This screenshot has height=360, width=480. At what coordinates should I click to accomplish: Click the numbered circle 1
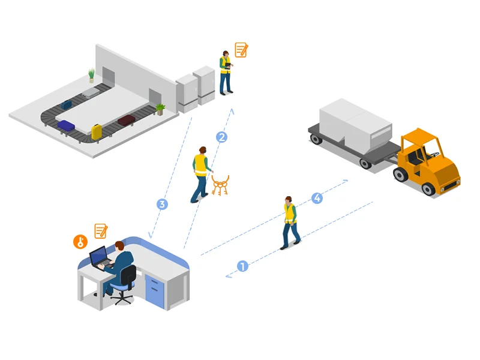(243, 266)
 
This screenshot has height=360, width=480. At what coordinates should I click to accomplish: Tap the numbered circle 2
(221, 137)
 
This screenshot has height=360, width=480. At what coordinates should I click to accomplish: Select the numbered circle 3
(162, 204)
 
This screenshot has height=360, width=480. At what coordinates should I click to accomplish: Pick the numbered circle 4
(317, 198)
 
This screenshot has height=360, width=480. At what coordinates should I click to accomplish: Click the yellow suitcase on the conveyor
(97, 131)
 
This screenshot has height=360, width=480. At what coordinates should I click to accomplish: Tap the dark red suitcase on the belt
(127, 120)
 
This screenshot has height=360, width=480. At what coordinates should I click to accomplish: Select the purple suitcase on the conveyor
(66, 125)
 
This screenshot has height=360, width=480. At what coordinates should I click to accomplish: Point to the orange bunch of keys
(220, 186)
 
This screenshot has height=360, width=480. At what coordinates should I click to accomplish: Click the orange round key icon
(80, 242)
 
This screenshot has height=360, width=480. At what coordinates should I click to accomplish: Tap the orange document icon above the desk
(101, 231)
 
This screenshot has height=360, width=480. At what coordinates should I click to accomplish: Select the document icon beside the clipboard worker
(241, 50)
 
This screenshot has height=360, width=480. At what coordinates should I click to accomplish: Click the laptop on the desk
(101, 258)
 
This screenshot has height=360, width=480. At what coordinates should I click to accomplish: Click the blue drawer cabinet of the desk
(155, 291)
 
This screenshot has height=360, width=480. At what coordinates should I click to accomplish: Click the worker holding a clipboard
(226, 73)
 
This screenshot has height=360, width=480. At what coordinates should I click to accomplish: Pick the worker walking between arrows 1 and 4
(290, 223)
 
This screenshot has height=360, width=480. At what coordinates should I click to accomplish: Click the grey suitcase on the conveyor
(91, 92)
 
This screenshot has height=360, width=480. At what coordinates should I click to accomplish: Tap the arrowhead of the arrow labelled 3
(150, 235)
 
